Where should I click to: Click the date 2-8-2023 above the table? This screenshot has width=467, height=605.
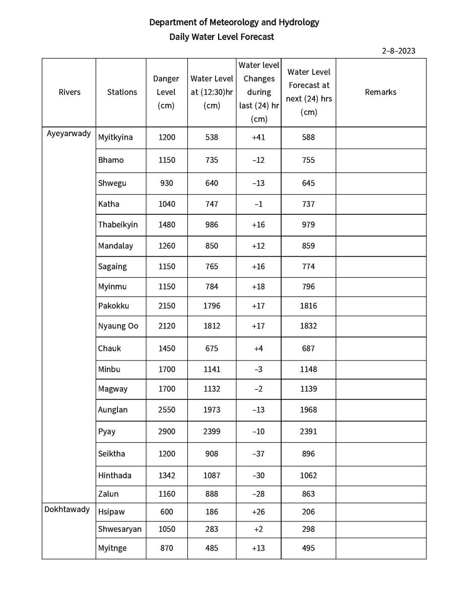pos(398,50)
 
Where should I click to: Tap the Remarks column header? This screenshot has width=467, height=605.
pos(380,92)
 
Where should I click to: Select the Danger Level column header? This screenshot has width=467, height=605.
pos(166,92)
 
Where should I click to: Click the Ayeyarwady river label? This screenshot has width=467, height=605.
pos(69,134)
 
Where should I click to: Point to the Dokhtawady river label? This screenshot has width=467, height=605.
pos(67,509)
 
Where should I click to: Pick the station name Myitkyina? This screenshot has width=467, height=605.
pos(115,137)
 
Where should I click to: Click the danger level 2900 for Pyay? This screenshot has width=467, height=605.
pos(166,432)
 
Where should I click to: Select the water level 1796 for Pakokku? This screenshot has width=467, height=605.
pos(212,306)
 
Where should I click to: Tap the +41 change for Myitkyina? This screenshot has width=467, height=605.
pos(258,137)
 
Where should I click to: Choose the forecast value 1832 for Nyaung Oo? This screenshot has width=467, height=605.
pos(308,326)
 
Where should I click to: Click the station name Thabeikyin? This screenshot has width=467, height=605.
pos(118,224)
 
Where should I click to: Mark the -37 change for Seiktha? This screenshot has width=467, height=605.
pos(258,453)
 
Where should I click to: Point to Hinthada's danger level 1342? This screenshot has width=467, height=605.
pos(166,475)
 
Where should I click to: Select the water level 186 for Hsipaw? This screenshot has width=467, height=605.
pos(212,512)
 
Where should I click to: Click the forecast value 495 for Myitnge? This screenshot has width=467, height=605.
pos(308,548)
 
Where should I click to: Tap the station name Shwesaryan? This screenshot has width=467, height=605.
pos(120,529)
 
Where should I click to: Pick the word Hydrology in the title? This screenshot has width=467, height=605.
pos(297,22)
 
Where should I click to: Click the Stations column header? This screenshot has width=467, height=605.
pos(122,92)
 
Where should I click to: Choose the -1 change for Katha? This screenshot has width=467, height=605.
pos(258,204)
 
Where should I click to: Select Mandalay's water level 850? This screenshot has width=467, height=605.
pos(212,246)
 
